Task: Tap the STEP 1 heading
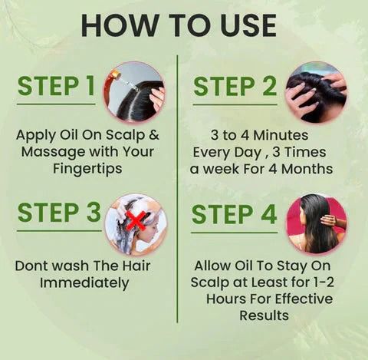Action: click(x=57, y=87)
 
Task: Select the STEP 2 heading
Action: click(x=235, y=87)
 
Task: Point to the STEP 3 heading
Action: click(x=59, y=213)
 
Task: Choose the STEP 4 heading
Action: click(x=235, y=214)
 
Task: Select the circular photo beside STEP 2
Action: click(x=315, y=91)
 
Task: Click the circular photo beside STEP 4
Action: click(x=315, y=224)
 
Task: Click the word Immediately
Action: click(x=84, y=283)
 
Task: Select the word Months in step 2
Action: click(x=306, y=168)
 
